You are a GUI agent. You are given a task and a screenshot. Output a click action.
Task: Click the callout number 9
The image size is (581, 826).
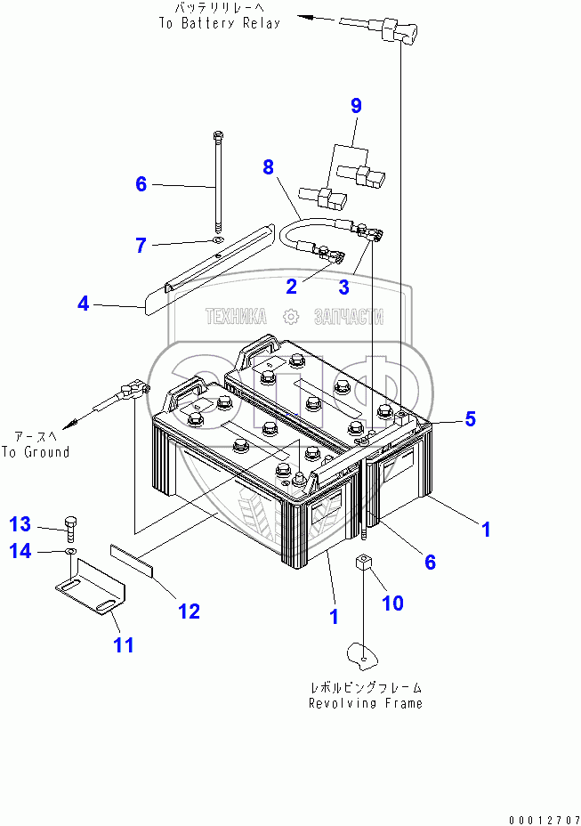tap(356, 106)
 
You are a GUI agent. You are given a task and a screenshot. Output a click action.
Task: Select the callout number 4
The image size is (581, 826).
tap(83, 304)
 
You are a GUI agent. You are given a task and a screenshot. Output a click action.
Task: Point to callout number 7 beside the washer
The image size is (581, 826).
tap(141, 246)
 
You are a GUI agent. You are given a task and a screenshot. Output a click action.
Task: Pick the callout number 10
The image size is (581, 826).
tap(392, 603)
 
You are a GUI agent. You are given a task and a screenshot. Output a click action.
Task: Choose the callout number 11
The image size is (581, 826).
tap(124, 644)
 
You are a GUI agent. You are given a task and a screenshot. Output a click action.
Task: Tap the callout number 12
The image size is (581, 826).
tap(188, 611)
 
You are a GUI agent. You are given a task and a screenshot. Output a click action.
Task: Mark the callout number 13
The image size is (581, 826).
tap(20, 522)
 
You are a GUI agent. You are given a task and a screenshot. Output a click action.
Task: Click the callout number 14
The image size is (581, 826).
tap(20, 552)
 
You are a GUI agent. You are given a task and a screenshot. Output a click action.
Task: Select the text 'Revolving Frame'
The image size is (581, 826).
tap(365, 703)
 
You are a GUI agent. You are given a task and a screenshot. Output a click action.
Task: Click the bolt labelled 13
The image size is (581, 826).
tap(71, 527)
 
